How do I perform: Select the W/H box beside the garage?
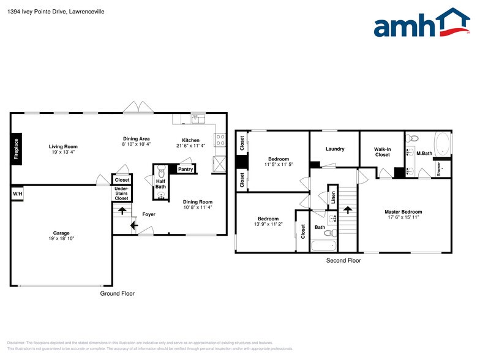click(x=17, y=194)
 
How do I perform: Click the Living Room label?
click(x=63, y=146)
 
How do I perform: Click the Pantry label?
click(x=186, y=169)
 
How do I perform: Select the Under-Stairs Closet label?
click(x=122, y=193)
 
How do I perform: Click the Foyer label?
click(x=149, y=214)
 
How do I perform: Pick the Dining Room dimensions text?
click(x=198, y=207)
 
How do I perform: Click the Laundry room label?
click(x=335, y=149)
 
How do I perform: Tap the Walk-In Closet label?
click(x=382, y=152)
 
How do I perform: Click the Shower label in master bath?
click(x=438, y=168)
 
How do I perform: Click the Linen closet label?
click(x=333, y=197)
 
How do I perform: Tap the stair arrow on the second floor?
click(x=348, y=209)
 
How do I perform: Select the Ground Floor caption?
click(x=117, y=294)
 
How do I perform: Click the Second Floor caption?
click(x=343, y=260)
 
